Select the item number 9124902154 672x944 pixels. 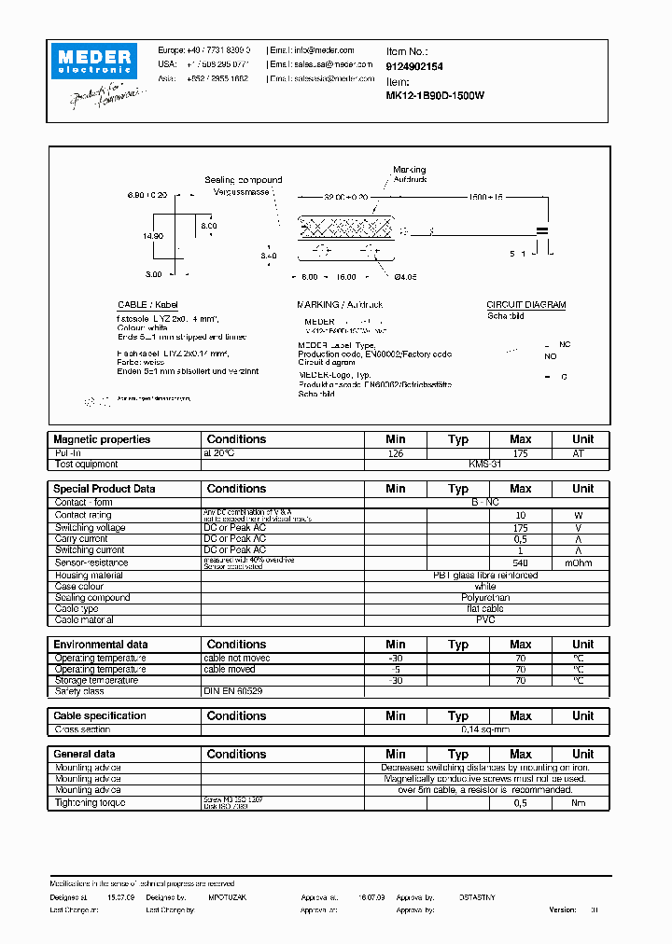pyautogui.click(x=414, y=66)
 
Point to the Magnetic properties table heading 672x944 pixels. pyautogui.click(x=102, y=439)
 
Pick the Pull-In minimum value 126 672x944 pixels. pyautogui.click(x=395, y=452)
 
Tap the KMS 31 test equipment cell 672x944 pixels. pyautogui.click(x=485, y=464)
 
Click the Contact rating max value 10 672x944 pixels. pyautogui.click(x=520, y=515)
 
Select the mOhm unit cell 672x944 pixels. pyautogui.click(x=582, y=562)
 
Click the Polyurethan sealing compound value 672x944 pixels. pyautogui.click(x=485, y=598)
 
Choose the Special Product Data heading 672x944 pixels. pyautogui.click(x=105, y=489)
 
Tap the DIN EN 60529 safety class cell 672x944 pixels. pyautogui.click(x=233, y=691)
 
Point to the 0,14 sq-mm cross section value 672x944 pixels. pyautogui.click(x=485, y=729)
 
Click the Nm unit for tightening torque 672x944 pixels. pyautogui.click(x=582, y=802)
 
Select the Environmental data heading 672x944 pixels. pyautogui.click(x=100, y=645)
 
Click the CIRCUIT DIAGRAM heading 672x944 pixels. pyautogui.click(x=525, y=305)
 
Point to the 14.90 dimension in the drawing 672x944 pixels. pyautogui.click(x=153, y=236)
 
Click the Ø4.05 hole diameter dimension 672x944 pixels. pyautogui.click(x=407, y=277)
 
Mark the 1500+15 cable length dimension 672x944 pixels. pyautogui.click(x=485, y=198)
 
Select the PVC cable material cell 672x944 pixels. pyautogui.click(x=485, y=620)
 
